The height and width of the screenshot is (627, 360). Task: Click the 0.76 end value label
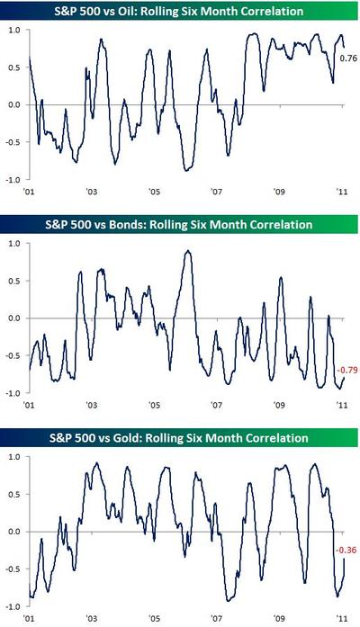point(348,58)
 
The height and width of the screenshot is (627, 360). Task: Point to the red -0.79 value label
point(347,370)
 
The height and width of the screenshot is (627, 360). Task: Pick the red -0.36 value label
point(346,550)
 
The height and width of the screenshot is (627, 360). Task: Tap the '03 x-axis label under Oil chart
point(91,192)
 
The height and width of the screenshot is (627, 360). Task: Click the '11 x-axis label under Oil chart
point(342,192)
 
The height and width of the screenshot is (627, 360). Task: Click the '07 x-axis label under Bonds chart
point(216,406)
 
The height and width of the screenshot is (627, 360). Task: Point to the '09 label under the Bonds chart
point(279,406)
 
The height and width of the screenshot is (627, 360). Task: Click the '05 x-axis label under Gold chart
point(154,619)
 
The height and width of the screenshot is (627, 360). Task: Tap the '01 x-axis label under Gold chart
point(29,619)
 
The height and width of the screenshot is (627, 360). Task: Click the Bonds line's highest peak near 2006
point(187,251)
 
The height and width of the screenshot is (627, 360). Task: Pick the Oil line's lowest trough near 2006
point(186,170)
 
